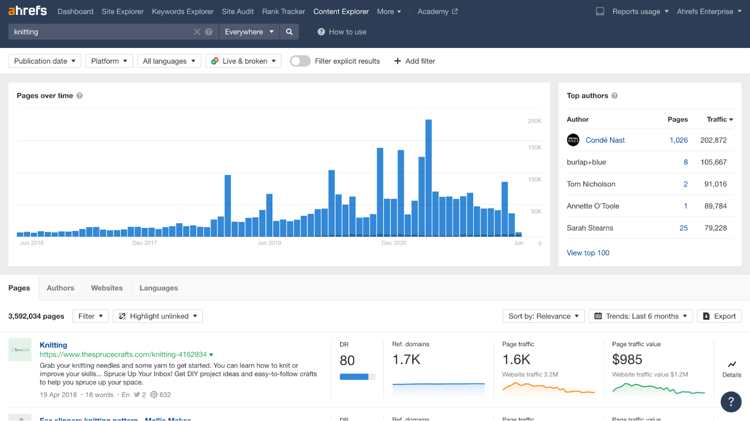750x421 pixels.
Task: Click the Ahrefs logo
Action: (x=28, y=11)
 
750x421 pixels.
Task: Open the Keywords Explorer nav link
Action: (x=182, y=12)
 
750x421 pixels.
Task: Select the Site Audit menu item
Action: (x=238, y=12)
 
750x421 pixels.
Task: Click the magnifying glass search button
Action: (x=289, y=32)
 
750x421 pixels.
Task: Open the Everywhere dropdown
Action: (x=249, y=32)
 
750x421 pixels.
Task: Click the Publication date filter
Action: (x=45, y=61)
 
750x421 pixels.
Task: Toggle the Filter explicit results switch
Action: (x=300, y=61)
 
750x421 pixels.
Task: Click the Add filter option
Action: (x=415, y=61)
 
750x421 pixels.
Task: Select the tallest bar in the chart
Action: (x=428, y=178)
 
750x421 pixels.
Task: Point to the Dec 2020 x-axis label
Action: (x=394, y=243)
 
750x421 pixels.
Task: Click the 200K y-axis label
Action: (x=534, y=121)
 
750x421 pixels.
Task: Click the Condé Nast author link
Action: (x=605, y=140)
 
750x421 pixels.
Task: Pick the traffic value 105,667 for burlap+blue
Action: (x=713, y=162)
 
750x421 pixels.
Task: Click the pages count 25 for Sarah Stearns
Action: (x=683, y=228)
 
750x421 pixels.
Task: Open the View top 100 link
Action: (x=588, y=253)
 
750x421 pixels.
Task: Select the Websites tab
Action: (x=107, y=288)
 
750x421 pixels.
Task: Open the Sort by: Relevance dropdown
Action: (x=543, y=316)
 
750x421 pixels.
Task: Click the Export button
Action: (x=719, y=316)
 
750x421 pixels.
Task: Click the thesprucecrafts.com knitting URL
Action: (x=123, y=355)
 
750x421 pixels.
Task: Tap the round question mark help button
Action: (x=731, y=402)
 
